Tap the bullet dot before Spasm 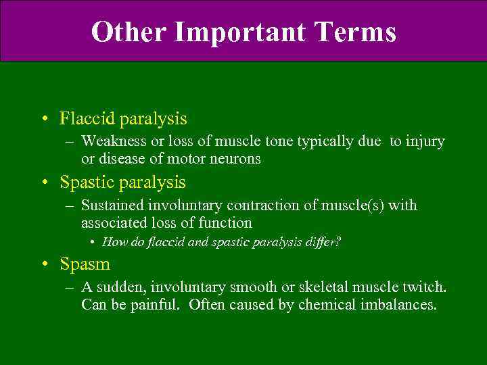43,265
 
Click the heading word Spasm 85,264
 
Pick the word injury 425,142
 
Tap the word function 226,222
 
